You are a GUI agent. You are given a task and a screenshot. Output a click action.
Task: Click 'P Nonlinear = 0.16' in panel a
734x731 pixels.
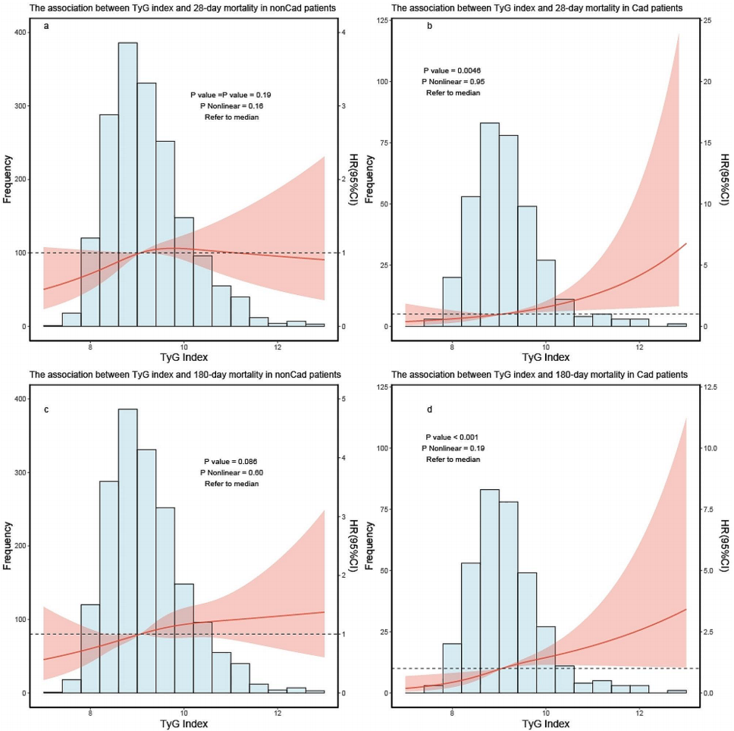coord(232,106)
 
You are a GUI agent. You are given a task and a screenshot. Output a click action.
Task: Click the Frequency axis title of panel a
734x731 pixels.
coord(7,179)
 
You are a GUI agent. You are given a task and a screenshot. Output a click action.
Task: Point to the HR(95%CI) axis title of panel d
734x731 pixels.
coord(726,546)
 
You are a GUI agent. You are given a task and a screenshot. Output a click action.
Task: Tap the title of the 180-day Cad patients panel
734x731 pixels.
coord(539,375)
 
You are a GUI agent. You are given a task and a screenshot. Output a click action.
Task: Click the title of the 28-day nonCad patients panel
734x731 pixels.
coord(173,8)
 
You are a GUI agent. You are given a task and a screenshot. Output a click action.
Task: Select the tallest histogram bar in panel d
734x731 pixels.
coord(489,591)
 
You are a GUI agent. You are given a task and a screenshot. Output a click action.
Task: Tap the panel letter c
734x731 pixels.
coord(48,410)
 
